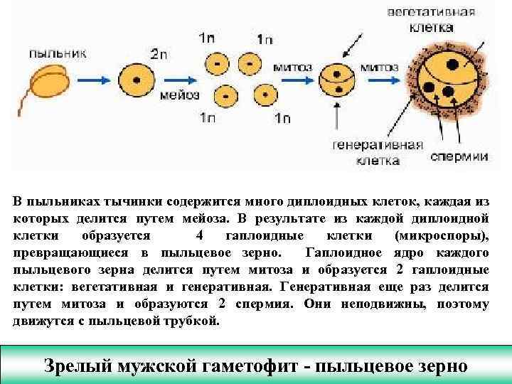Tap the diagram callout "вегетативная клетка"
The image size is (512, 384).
tap(441, 19)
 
